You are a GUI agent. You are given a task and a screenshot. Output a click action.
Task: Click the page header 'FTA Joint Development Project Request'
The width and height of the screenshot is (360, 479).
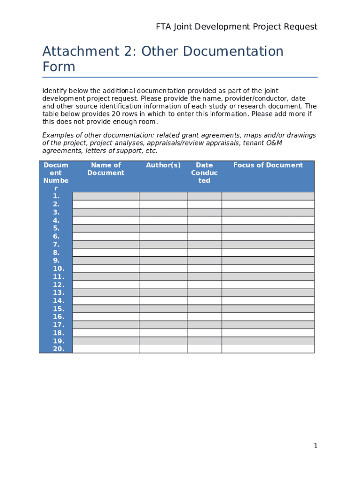pos(237,27)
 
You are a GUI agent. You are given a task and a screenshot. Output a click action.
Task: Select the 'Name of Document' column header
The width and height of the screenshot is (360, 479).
pos(106,169)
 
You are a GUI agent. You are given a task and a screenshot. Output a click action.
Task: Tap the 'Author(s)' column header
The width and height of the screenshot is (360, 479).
pos(163,165)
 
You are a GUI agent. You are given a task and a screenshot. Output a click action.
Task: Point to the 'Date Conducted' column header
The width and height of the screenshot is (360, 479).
pos(204,173)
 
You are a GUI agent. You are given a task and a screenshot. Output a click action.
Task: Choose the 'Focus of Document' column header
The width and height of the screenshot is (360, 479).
pos(268,165)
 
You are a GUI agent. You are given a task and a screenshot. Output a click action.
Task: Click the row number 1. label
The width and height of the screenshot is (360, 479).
pos(56,196)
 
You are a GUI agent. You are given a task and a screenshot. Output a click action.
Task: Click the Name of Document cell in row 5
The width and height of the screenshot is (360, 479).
pos(106,228)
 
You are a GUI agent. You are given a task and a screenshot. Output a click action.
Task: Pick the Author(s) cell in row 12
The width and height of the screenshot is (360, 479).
pos(163,284)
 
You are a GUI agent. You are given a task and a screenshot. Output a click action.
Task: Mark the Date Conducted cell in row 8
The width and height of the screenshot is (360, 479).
pos(204,253)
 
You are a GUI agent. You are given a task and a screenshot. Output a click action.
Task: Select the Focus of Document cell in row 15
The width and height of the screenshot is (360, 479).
pos(268,309)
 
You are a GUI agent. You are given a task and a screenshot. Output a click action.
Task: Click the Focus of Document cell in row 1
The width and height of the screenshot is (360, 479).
pos(268,196)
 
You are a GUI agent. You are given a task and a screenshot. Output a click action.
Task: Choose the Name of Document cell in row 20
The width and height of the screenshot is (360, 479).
pos(106,349)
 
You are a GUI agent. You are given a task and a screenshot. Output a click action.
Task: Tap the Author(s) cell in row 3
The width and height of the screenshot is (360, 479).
pos(163,212)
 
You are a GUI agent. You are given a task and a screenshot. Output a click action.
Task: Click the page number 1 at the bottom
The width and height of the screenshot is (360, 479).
pos(316,446)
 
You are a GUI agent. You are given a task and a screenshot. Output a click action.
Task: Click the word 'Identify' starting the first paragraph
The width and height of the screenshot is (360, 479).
pos(55,90)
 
